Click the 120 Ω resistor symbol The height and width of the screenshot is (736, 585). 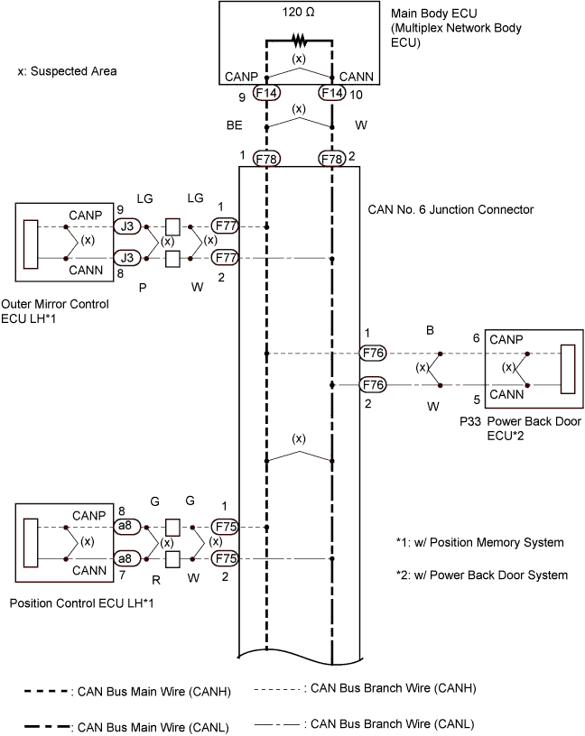298,41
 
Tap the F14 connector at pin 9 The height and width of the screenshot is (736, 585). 266,93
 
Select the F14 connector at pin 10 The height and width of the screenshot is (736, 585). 332,93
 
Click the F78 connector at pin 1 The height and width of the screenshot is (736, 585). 266,159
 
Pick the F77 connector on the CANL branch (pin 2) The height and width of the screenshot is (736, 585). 224,259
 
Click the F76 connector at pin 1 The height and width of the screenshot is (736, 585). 373,354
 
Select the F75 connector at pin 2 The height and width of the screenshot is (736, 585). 224,559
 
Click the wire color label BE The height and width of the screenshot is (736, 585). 234,126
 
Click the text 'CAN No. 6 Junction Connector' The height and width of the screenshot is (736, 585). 451,210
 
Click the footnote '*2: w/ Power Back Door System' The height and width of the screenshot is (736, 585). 481,575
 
